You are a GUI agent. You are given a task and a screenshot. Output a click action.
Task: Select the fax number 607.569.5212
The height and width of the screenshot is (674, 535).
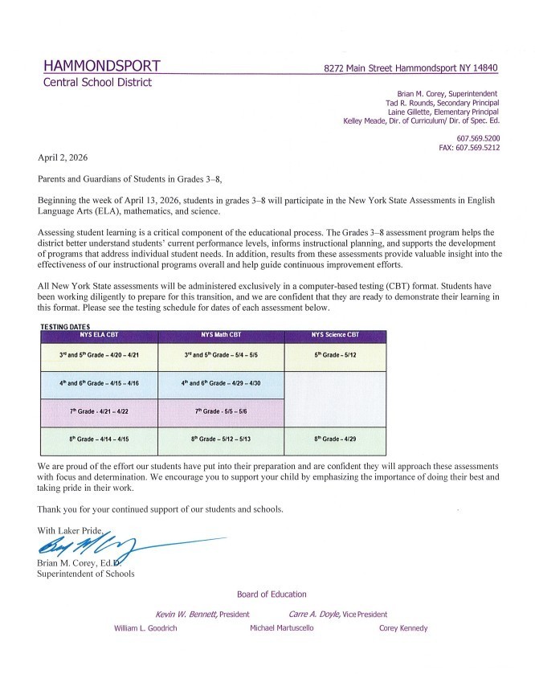pyautogui.click(x=477, y=148)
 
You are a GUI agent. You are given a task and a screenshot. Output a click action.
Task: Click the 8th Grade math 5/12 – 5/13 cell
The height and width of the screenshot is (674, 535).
pyautogui.click(x=222, y=439)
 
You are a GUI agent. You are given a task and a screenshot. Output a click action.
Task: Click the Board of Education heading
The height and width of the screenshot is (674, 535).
pyautogui.click(x=272, y=594)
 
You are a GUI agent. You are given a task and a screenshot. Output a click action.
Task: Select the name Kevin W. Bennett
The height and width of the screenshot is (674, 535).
pyautogui.click(x=191, y=614)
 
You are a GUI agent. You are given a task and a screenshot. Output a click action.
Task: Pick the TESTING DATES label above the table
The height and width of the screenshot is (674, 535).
pyautogui.click(x=65, y=326)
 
